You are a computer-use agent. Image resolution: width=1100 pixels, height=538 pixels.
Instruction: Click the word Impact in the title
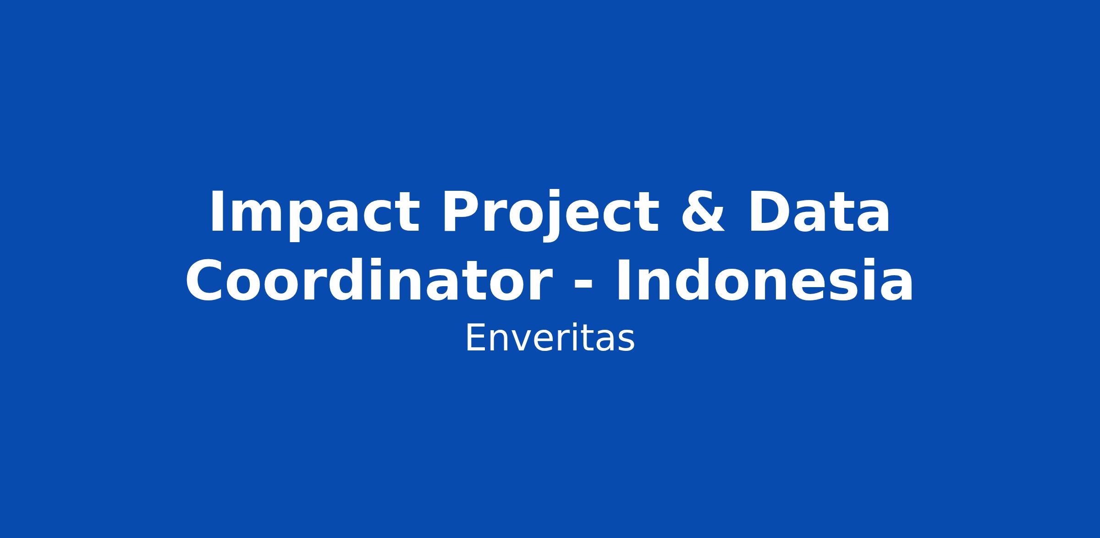[314, 215]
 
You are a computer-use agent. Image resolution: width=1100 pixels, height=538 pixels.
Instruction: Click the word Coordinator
[368, 281]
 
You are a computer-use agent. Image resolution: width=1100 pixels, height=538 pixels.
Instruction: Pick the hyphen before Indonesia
[583, 288]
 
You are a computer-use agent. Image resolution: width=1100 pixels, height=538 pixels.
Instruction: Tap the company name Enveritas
[550, 338]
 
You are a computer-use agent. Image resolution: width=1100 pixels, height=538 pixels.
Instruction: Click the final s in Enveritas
[627, 342]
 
